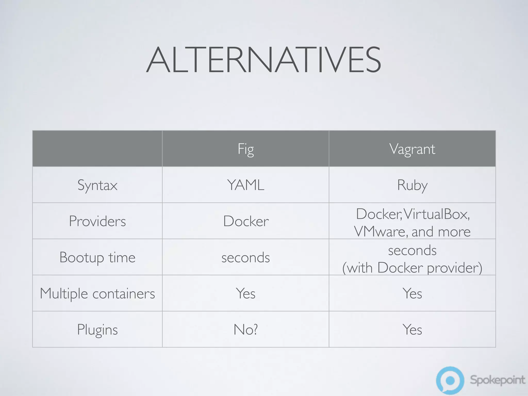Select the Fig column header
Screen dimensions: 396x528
click(x=246, y=149)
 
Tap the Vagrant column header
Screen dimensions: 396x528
click(x=412, y=149)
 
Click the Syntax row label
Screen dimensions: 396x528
click(x=97, y=185)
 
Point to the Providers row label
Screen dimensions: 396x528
click(x=97, y=221)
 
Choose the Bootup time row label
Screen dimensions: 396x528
click(x=97, y=257)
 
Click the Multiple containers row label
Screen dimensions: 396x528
click(x=97, y=293)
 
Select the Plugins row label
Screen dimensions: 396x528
click(x=97, y=329)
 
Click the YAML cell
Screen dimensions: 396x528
click(x=246, y=185)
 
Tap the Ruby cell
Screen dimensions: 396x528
click(x=412, y=185)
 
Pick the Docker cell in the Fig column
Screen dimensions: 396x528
click(x=246, y=221)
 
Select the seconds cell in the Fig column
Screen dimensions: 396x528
click(x=246, y=257)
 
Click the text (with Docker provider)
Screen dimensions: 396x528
click(x=412, y=268)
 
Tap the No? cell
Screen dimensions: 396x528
click(x=246, y=329)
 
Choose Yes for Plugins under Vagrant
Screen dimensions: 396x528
click(x=412, y=329)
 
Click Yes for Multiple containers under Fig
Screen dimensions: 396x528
click(x=246, y=293)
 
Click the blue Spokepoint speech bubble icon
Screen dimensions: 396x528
click(x=450, y=380)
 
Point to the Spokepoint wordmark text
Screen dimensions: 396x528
click(x=497, y=380)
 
